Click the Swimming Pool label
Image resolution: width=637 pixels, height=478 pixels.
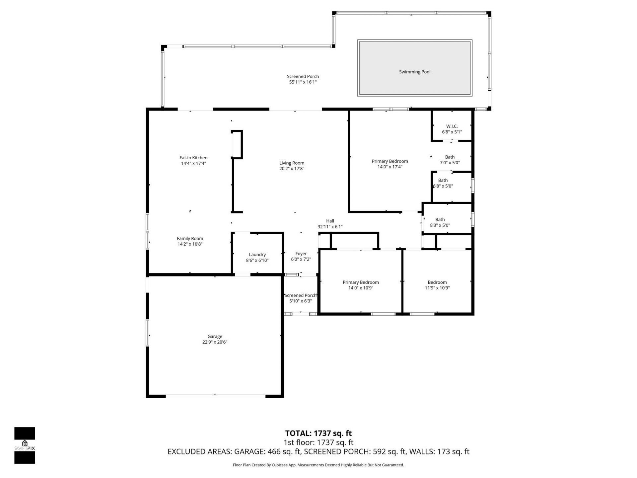414,72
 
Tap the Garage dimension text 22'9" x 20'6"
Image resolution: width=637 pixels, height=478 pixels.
215,342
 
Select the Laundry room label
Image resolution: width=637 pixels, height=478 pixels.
257,255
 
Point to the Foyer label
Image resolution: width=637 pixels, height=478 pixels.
301,254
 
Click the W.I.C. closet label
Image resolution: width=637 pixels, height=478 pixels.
452,126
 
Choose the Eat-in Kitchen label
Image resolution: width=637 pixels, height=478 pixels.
193,158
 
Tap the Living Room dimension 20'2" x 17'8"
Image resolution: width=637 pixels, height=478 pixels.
292,169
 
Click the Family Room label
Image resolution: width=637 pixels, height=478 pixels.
190,238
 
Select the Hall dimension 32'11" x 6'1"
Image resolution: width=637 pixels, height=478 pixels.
330,227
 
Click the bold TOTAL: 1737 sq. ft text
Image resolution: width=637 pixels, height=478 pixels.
318,433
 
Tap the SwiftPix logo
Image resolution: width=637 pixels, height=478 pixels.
25,445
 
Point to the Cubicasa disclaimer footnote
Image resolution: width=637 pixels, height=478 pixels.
318,465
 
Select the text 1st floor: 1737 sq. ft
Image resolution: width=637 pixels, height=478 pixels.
318,442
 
